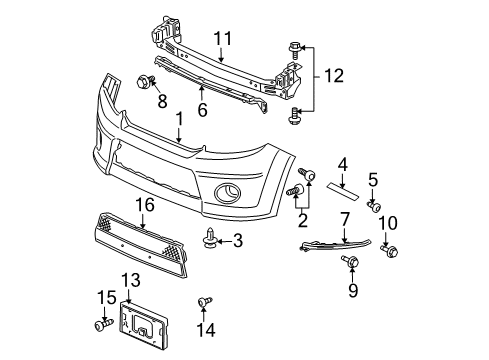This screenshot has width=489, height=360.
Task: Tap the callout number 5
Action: point(372,181)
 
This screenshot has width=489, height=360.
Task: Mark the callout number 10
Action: point(390,221)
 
